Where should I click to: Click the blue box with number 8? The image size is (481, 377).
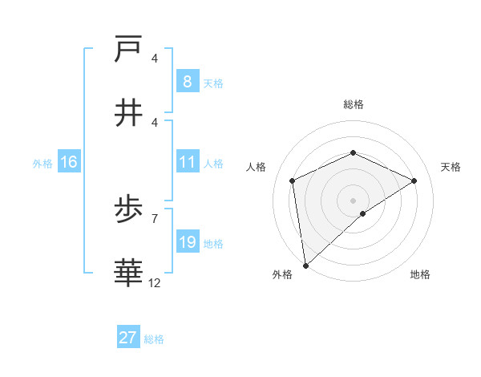pos(187,82)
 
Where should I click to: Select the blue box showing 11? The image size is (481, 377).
pos(187,163)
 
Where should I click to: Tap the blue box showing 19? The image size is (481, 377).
pos(187,243)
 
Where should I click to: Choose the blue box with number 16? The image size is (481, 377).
pos(69,163)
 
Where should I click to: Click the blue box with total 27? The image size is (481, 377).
pos(128,338)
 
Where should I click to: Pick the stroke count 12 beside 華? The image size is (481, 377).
pos(155,282)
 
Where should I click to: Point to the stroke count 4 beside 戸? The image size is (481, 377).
pos(155,59)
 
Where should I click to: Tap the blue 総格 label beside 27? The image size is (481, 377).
pos(154,339)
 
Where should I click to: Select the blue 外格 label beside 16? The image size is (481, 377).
pos(42,164)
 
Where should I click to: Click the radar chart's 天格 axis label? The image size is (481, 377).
pos(451,167)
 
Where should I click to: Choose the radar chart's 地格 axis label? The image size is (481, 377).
pos(420,274)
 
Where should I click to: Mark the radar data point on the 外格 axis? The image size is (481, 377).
pos(305,266)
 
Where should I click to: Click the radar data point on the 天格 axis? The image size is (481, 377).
pos(414,180)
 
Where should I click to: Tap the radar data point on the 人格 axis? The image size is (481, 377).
pos(293,180)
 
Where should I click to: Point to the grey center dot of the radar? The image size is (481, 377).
pos(354,200)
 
